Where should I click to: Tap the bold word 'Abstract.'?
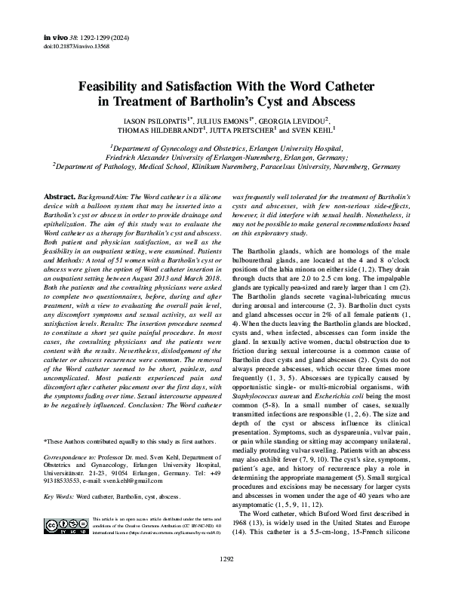point(60,195)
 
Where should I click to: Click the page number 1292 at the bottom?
point(224,579)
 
